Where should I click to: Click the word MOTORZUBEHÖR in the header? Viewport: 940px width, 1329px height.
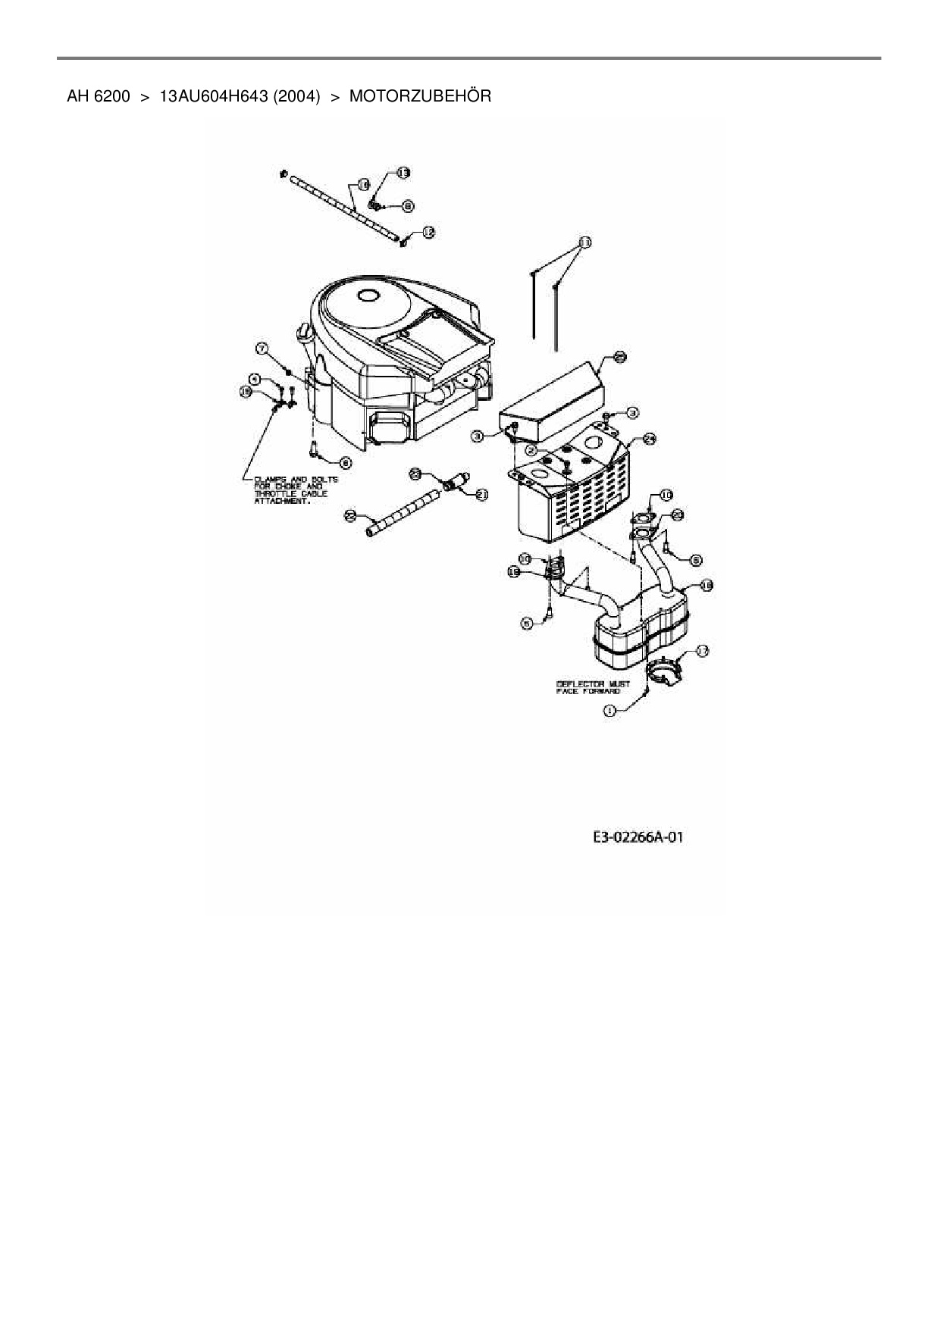tap(420, 96)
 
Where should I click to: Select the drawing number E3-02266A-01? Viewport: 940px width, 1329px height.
tap(638, 837)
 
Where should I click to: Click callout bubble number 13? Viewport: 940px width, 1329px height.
tap(403, 173)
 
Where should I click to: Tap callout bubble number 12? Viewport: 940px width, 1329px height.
tap(428, 233)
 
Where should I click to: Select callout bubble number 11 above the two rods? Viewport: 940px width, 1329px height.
tap(584, 242)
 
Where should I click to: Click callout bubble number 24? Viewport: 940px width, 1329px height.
tap(650, 438)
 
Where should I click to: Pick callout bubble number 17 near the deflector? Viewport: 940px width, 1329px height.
tap(702, 650)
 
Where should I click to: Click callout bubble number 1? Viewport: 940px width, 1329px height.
tap(609, 710)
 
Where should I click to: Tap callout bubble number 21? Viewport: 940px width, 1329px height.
tap(482, 494)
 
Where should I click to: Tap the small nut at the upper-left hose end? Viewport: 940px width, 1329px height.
tap(284, 174)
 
